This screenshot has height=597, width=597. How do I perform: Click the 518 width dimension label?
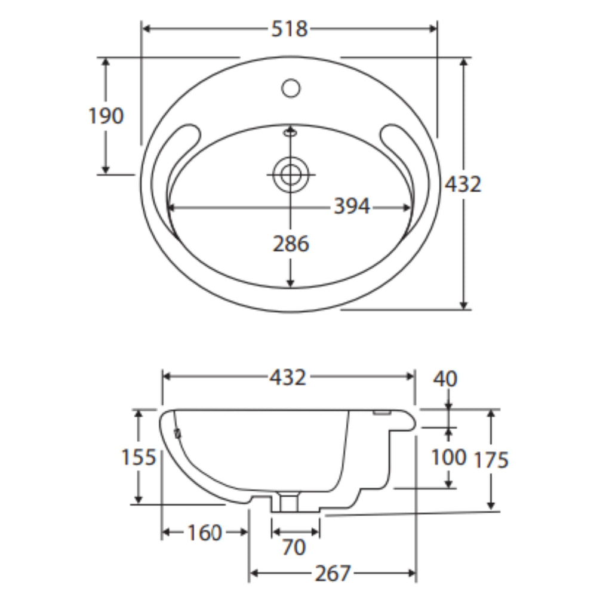[x=289, y=29]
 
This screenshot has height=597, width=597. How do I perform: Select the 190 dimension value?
[x=106, y=116]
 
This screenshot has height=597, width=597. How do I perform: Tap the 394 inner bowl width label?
[x=352, y=207]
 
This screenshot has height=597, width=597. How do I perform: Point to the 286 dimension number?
[x=291, y=244]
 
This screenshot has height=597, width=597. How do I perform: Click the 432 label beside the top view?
[x=463, y=184]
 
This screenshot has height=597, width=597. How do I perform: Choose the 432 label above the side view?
[x=288, y=378]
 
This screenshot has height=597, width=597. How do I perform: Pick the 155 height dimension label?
[x=139, y=457]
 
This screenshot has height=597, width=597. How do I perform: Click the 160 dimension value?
[x=204, y=533]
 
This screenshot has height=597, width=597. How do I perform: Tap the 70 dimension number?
[x=294, y=547]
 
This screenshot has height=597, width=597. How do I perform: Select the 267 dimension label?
[x=333, y=573]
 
